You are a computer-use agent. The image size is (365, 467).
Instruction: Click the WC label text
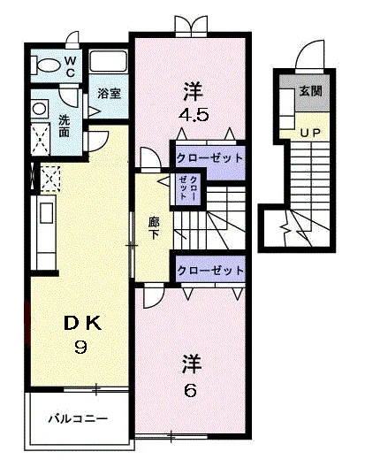(x=70, y=66)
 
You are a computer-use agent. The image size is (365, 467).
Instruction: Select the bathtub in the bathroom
(x=109, y=62)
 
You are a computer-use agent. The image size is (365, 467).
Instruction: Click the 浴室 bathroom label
(x=109, y=94)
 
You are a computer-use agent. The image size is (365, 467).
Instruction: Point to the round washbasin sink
(x=40, y=109)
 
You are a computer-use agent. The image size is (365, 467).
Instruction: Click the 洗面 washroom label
(x=64, y=126)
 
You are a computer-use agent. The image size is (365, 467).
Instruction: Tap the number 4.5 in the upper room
(x=194, y=115)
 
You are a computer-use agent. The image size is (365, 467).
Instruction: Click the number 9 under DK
(x=80, y=348)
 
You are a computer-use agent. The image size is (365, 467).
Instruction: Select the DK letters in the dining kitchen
(x=83, y=324)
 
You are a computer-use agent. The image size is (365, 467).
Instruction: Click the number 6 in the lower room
(x=191, y=390)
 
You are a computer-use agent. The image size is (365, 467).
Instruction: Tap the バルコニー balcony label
(x=79, y=419)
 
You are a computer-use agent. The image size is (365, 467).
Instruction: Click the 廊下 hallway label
(x=154, y=228)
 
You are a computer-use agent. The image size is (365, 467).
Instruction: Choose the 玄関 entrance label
(x=310, y=91)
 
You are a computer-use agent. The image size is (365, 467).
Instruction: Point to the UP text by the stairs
(x=310, y=133)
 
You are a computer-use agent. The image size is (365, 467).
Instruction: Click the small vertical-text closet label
(x=188, y=188)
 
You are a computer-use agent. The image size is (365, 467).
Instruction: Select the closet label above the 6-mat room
(x=210, y=271)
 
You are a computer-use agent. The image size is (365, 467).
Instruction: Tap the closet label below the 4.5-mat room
(x=209, y=157)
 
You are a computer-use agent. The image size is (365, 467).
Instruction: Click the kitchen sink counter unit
(x=44, y=232)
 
